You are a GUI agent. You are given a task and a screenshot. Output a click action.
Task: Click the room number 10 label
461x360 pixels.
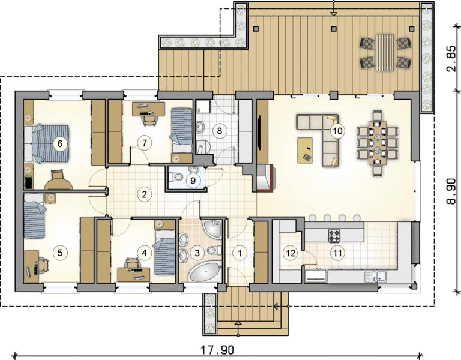tap(337, 130)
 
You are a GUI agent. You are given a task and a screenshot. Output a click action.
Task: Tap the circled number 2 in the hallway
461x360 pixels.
tap(144, 194)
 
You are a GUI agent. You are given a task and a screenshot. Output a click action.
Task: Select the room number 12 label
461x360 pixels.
tap(291, 253)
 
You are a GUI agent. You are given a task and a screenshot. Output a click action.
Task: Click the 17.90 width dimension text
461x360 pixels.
tap(217, 350)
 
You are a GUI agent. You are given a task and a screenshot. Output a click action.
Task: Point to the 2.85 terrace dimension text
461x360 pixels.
tap(451, 58)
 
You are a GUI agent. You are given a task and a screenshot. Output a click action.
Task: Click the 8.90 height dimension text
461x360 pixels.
tap(451, 191)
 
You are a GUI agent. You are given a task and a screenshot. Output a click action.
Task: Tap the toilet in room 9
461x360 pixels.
tap(176, 176)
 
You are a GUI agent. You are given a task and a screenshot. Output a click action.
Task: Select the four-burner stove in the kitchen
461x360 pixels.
tap(334, 235)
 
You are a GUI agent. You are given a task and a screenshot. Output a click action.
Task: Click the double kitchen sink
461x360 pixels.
tap(375, 276)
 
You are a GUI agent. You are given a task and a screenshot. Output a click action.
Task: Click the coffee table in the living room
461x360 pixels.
tap(305, 150)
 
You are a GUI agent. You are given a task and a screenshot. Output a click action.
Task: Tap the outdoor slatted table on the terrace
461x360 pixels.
tap(385, 52)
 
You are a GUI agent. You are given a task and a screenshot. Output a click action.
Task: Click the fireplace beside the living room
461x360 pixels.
tap(265, 178)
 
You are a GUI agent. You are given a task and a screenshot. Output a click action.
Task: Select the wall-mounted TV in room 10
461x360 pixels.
tap(259, 131)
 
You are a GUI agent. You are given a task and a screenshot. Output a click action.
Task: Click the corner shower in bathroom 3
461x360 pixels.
tap(212, 227)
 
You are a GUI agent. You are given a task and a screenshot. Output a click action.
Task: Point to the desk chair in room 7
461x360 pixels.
tap(149, 119)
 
